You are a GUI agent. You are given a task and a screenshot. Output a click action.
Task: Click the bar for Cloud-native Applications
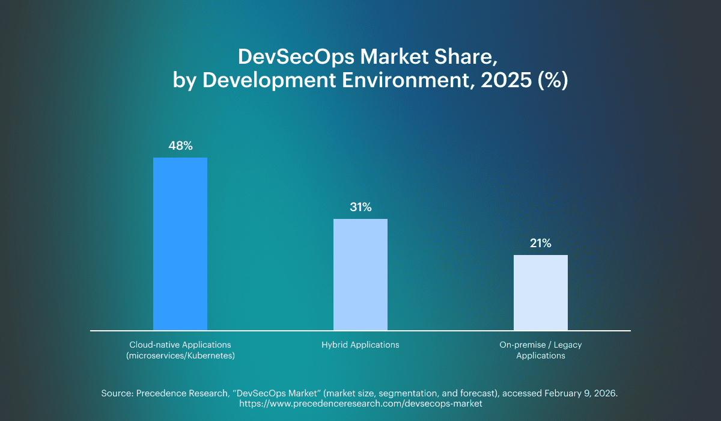[180, 244]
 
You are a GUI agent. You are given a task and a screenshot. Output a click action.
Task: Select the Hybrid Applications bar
[360, 274]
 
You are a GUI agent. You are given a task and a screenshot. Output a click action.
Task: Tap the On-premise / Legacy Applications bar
[541, 292]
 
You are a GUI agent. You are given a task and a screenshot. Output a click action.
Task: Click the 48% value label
[180, 146]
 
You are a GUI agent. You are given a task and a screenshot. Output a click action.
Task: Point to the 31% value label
[360, 207]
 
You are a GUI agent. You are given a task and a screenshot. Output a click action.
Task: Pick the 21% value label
[541, 244]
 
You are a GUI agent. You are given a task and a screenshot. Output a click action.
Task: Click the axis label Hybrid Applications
[360, 345]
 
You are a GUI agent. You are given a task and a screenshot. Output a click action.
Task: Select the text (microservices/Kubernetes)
[180, 355]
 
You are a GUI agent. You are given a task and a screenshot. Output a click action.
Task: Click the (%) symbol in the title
[552, 81]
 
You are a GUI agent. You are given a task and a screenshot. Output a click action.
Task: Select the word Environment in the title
[409, 81]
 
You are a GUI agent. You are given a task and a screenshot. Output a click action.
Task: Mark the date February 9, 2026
[581, 393]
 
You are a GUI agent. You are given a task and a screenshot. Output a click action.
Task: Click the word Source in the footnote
[116, 393]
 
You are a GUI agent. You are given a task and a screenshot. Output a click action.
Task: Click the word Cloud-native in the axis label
[154, 345]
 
